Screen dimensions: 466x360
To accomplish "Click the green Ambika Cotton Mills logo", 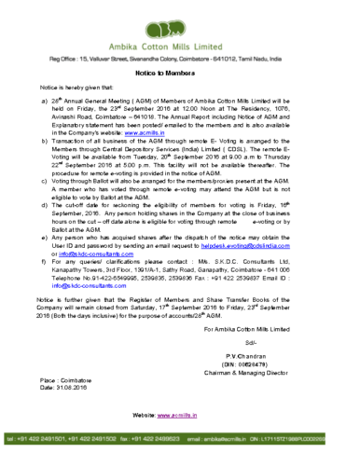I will pyautogui.click(x=179, y=25).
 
